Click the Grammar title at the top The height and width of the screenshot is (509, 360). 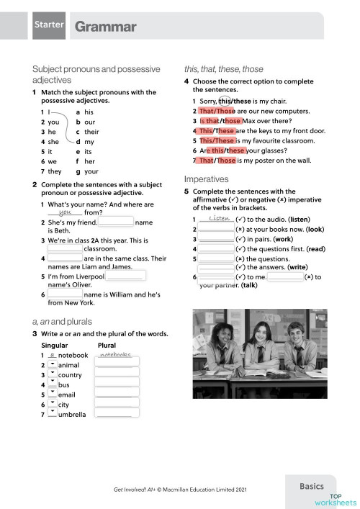(105, 27)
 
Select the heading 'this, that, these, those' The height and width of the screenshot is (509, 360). (224, 69)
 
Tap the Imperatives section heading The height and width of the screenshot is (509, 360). (207, 178)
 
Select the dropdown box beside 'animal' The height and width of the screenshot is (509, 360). (53, 365)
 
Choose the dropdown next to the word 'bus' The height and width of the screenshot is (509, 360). (53, 385)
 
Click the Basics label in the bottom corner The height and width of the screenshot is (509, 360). (317, 487)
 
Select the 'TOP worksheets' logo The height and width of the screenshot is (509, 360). (341, 499)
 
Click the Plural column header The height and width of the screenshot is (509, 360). (107, 346)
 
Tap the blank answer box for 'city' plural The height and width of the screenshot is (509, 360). (117, 405)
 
